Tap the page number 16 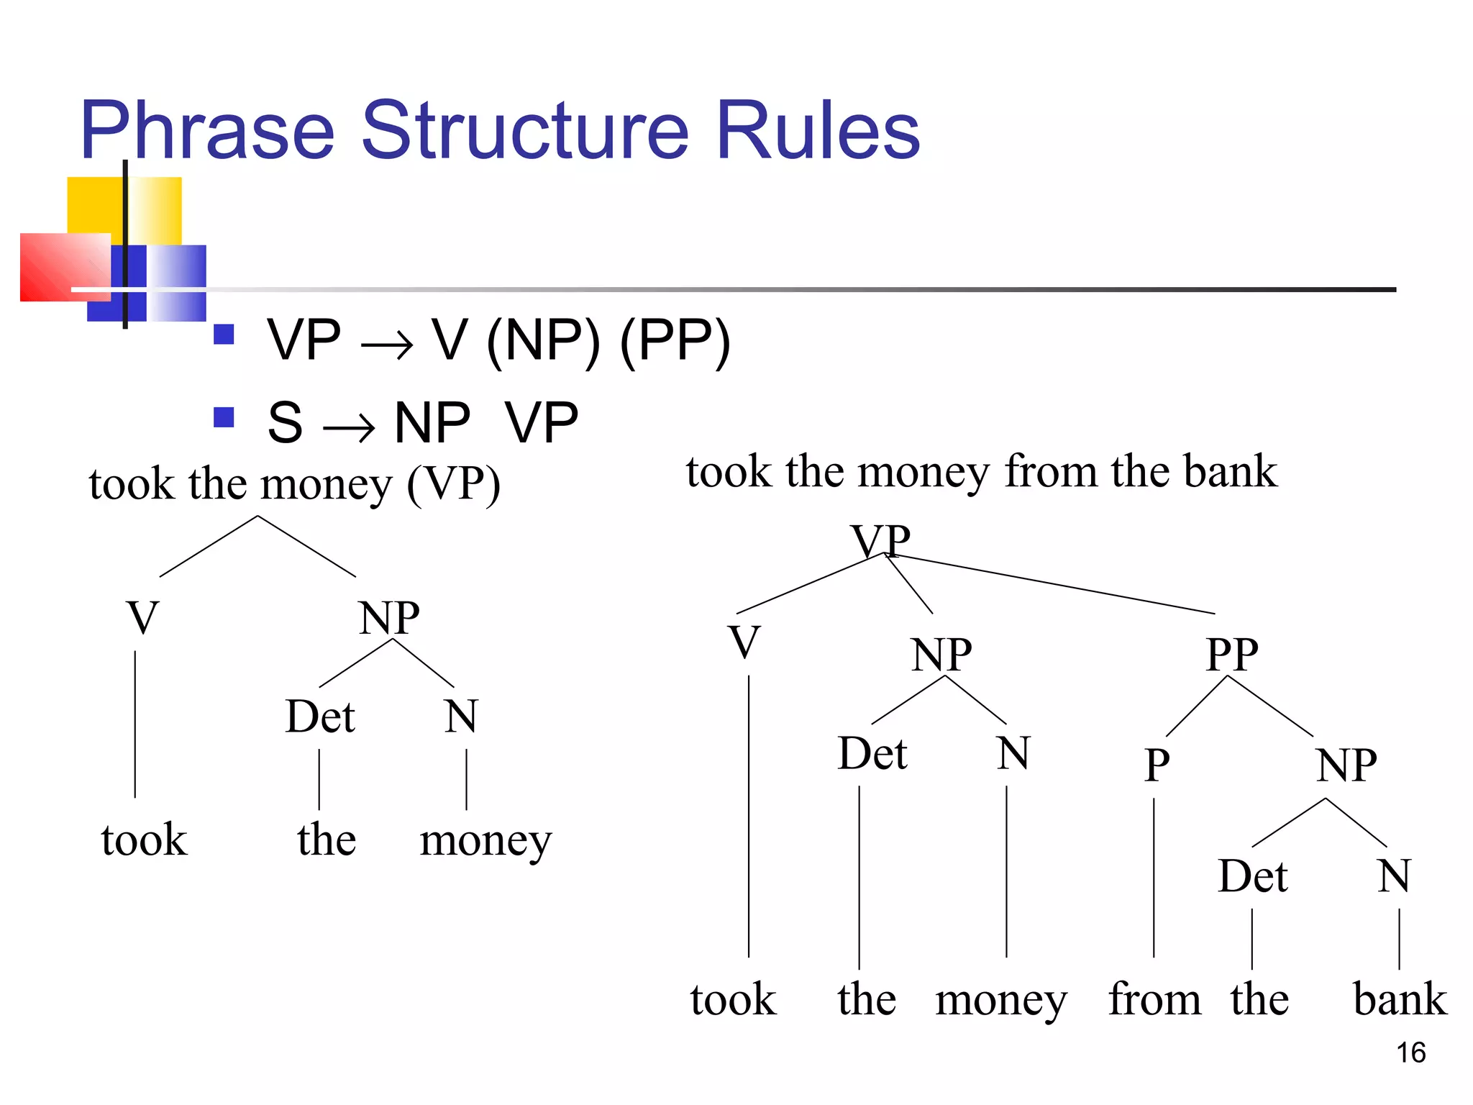click(x=1410, y=1052)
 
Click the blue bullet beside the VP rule click(x=224, y=335)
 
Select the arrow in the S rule click(x=349, y=429)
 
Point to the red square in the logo click(x=65, y=266)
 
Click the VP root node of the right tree click(x=880, y=540)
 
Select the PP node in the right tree click(x=1232, y=654)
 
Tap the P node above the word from click(x=1157, y=765)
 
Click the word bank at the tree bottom click(x=1400, y=999)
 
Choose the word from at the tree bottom click(x=1154, y=999)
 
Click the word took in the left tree click(x=144, y=840)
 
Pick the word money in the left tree click(x=485, y=841)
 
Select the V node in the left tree click(x=142, y=617)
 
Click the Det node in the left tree click(x=320, y=717)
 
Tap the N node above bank click(x=1394, y=876)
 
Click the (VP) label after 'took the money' click(x=453, y=485)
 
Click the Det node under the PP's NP click(x=1252, y=876)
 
